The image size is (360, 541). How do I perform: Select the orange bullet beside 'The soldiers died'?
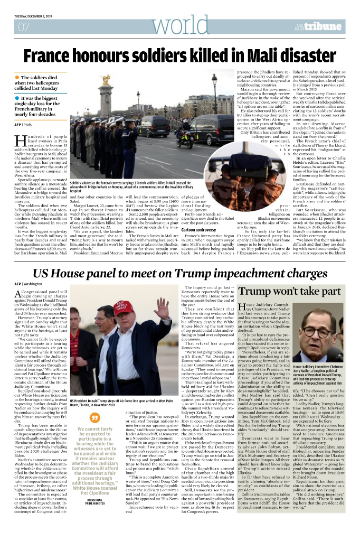click(x=17, y=78)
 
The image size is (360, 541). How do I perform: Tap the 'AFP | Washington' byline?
click(x=28, y=284)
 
